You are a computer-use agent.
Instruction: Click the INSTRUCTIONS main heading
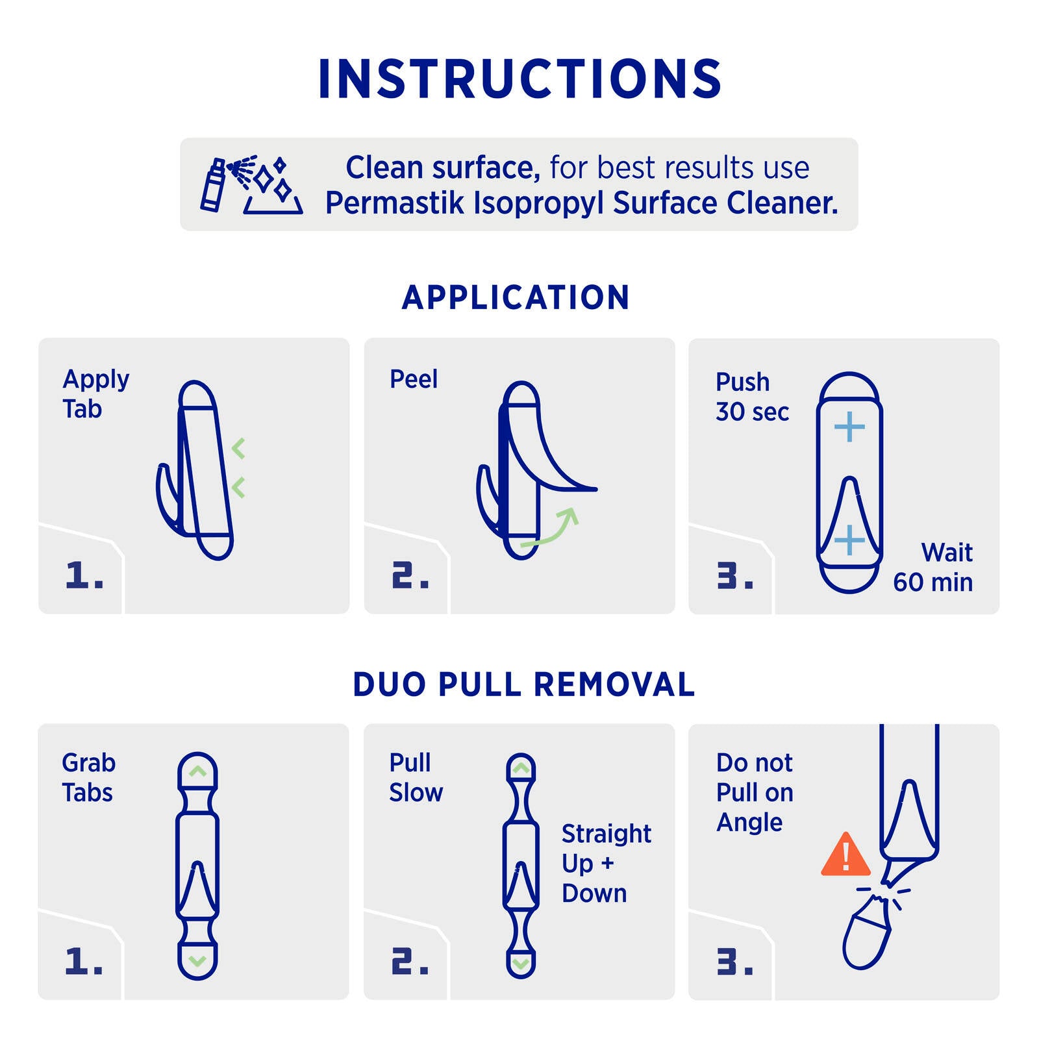[x=519, y=79]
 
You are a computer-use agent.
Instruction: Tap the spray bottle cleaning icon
[x=251, y=184]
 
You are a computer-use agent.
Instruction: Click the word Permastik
[x=395, y=203]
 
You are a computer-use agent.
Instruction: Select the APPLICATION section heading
[x=516, y=297]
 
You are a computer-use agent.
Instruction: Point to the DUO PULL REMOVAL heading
[x=523, y=684]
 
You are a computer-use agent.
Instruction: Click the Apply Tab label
[x=95, y=394]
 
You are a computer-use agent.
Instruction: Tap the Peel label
[x=414, y=379]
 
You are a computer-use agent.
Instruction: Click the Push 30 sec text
[x=752, y=397]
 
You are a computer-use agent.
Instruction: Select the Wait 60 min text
[x=933, y=568]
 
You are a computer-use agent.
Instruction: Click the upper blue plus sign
[x=849, y=427]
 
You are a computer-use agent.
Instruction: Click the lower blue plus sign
[x=849, y=540]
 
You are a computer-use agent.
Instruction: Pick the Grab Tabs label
[x=88, y=778]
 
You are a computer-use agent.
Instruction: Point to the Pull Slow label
[x=416, y=778]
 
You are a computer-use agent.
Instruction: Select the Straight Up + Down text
[x=607, y=864]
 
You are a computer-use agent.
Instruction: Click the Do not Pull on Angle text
[x=755, y=793]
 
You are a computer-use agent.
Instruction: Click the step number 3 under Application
[x=735, y=576]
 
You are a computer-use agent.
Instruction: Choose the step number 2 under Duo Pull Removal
[x=410, y=962]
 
